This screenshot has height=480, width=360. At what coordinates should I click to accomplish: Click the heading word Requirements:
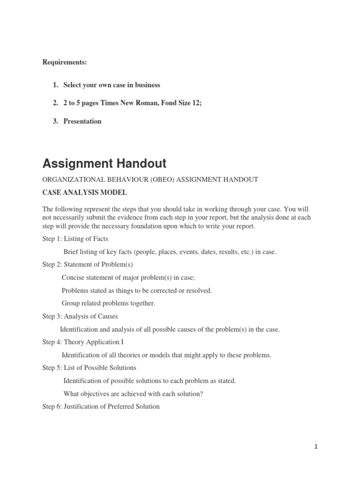click(x=65, y=62)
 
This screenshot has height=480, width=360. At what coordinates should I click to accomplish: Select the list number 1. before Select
click(x=55, y=85)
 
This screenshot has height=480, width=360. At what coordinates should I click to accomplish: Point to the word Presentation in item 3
click(x=82, y=121)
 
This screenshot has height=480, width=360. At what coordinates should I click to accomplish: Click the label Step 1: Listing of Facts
click(x=75, y=239)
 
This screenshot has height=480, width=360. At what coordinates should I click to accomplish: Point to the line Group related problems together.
click(x=108, y=303)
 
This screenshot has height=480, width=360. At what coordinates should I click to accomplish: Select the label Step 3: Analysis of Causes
click(x=80, y=316)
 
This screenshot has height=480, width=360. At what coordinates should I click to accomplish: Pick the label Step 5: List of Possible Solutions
click(x=89, y=367)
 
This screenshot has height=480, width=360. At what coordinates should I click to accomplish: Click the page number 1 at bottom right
click(x=316, y=447)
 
